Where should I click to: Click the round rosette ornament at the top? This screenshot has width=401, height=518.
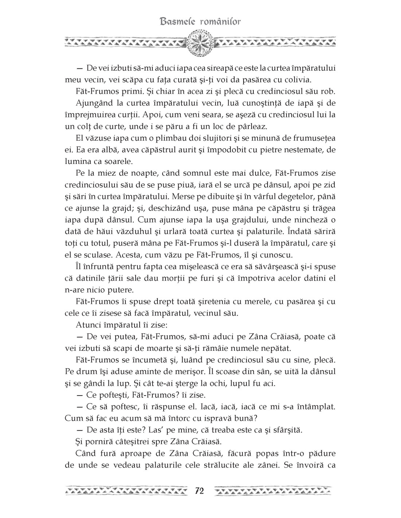coord(200,43)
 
